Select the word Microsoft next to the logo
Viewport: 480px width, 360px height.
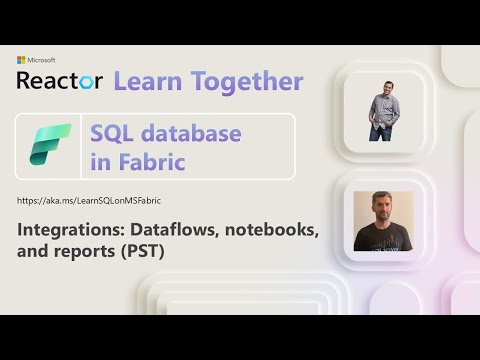click(41, 61)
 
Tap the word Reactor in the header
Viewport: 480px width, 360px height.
click(59, 81)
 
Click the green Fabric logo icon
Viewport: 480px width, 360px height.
click(50, 146)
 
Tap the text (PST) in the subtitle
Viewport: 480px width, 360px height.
click(144, 253)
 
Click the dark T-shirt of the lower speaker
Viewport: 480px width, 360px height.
click(381, 241)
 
